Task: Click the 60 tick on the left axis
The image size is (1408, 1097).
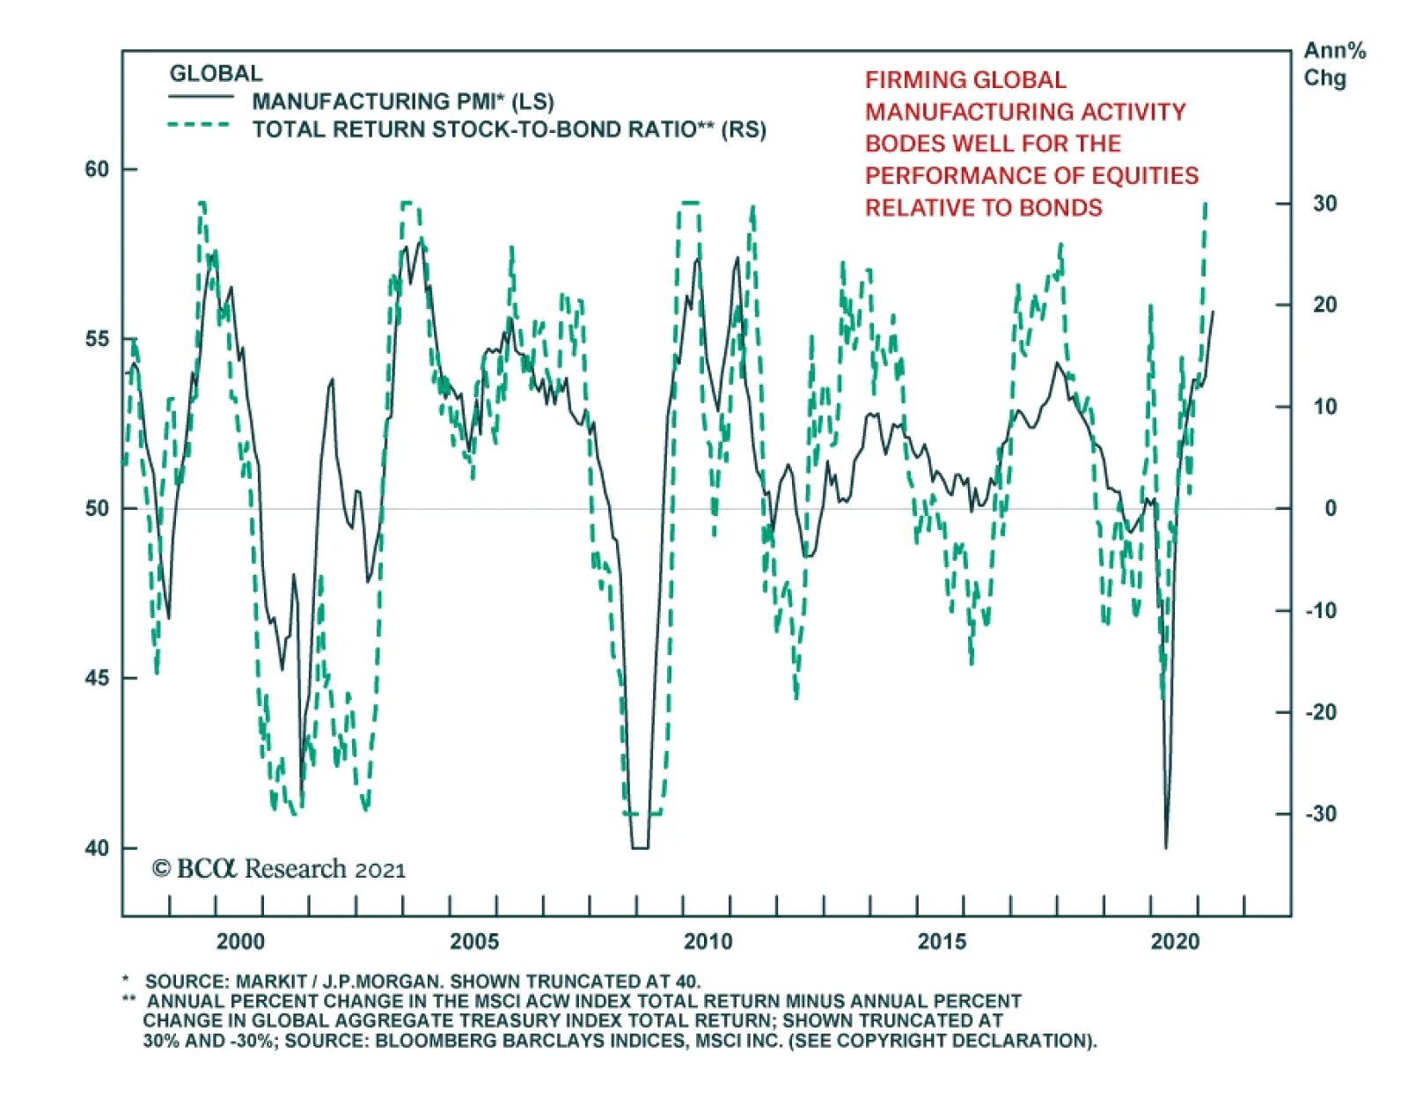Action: coord(97,169)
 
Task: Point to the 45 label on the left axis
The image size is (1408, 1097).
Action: coord(97,678)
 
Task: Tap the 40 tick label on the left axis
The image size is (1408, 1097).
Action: coord(97,848)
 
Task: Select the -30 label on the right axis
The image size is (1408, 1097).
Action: coord(1320,814)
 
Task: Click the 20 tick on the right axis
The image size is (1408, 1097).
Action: coord(1324,305)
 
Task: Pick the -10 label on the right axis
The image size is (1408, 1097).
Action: coord(1320,610)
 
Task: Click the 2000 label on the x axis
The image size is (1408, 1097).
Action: coord(240,941)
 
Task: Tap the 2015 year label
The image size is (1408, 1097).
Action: coord(942,941)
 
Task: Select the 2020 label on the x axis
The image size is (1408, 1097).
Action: coord(1175,941)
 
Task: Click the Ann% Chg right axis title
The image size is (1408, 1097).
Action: coord(1333,64)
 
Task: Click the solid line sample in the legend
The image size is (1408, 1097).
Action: coord(201,97)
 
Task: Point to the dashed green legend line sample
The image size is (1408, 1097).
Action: coord(201,125)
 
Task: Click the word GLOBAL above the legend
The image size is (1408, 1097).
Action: coord(216,73)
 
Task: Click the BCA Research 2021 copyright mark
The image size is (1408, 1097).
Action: coord(279,869)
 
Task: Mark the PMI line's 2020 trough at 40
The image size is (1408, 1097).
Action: coord(1166,847)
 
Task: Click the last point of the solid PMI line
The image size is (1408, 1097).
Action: coord(1214,311)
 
